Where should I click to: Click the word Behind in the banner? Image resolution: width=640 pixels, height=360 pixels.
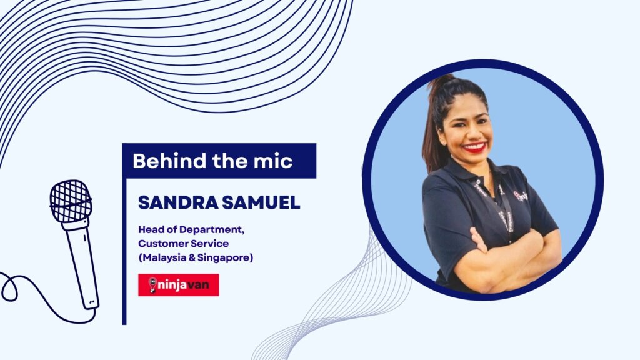click(170, 161)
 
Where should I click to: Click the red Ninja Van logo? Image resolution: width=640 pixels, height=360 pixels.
click(178, 285)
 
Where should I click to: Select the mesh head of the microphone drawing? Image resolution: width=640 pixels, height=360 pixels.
click(71, 201)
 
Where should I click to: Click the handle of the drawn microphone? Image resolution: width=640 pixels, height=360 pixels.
click(82, 264)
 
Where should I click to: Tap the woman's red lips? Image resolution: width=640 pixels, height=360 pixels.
click(475, 147)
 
